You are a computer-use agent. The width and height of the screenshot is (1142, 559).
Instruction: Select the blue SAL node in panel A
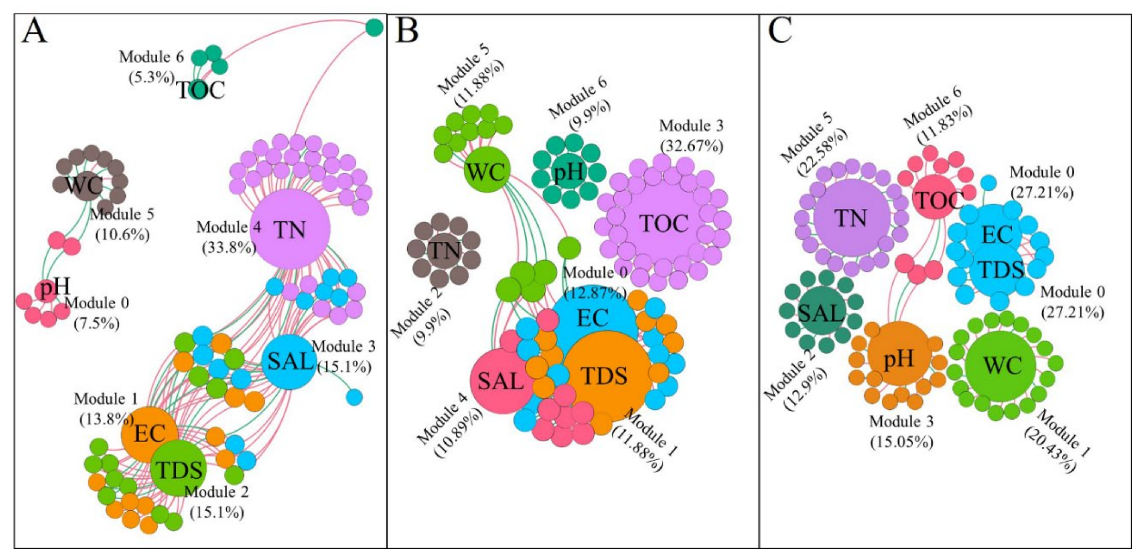pos(289,362)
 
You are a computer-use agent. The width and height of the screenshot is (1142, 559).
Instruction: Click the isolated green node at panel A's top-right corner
pos(374,28)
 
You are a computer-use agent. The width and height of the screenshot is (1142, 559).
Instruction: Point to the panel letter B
pos(407,31)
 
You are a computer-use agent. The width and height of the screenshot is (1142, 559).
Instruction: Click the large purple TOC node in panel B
pos(664,223)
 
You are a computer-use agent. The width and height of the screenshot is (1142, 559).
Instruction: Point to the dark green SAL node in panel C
pos(820,313)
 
